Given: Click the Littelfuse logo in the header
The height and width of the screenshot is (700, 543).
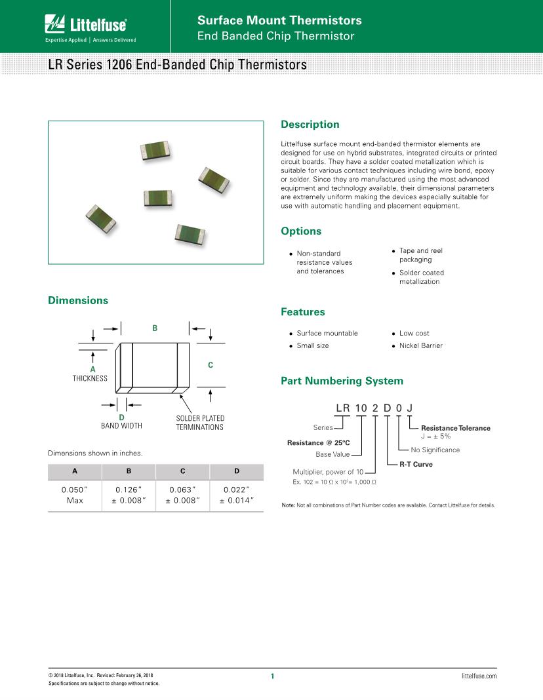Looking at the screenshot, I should pos(86,26).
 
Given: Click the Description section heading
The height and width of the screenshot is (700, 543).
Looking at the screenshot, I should pos(310,125).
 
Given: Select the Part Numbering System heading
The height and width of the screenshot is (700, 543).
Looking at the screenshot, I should pos(342,381).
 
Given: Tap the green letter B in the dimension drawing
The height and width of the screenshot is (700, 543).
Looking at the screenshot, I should pos(155,328).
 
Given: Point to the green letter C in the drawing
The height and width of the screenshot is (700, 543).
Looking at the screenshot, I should pos(211,364).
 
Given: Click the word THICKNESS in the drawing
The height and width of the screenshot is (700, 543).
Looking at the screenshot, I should pos(90,379).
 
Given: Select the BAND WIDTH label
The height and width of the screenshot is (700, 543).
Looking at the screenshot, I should pos(121,426).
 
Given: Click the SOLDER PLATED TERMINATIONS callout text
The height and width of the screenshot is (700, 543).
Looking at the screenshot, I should pos(200,423).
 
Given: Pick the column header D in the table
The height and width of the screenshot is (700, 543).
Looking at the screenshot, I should pos(237,471).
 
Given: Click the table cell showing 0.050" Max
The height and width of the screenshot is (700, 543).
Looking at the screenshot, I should pos(75,495).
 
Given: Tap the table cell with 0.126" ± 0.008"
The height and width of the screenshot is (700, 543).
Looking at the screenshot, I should pos(129,495).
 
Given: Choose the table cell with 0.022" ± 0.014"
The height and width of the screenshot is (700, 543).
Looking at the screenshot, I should pos(237,495).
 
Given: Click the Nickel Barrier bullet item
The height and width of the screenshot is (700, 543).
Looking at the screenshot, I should pos(420,345).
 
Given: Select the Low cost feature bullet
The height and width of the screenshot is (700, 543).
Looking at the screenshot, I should pos(414,333).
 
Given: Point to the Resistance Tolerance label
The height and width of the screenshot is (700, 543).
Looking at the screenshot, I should pos(455,428).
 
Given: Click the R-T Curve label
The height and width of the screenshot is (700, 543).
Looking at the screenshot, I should pos(416,464).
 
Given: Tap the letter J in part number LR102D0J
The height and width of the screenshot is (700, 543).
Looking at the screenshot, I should pos(410,408).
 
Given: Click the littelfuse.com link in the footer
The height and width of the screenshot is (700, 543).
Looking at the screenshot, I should pos(479,676).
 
